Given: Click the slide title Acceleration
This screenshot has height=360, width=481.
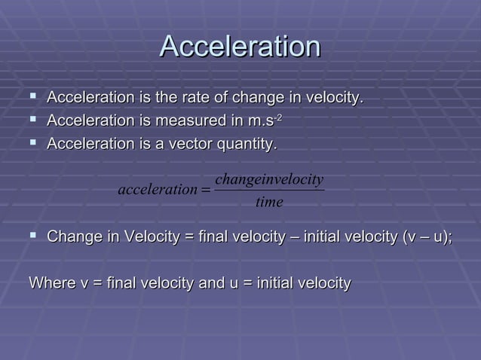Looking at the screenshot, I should (240, 47).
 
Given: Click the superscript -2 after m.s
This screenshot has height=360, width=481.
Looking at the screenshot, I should (278, 117).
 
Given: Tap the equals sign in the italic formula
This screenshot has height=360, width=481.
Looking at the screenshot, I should (205, 189).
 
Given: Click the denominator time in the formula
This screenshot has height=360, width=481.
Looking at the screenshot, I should (269, 201).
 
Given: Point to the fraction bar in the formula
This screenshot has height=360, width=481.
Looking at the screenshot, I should (269, 190).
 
